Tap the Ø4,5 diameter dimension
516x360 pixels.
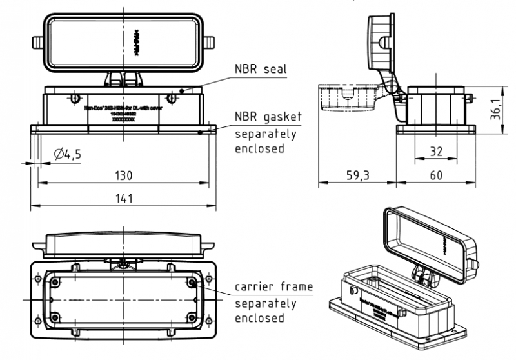coord(68,155)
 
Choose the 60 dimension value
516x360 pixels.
coord(437,175)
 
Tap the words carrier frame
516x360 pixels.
coord(273,287)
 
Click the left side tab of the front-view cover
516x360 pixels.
coord(38,46)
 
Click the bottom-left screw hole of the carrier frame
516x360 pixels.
coord(55,317)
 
